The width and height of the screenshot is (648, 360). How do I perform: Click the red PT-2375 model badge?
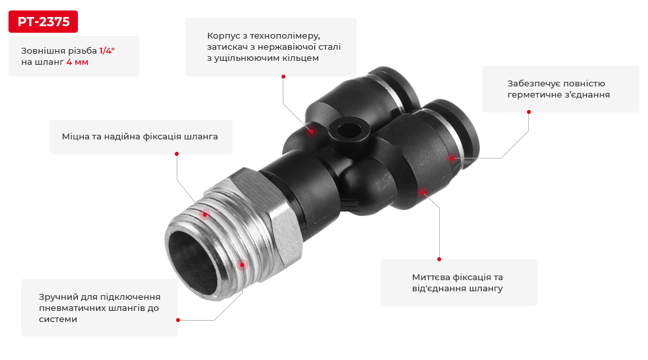(43, 22)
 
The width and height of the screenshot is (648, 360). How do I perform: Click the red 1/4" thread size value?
(107, 50)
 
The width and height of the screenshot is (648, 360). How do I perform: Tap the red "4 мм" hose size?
(77, 62)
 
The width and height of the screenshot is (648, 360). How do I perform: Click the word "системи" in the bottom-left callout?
(58, 319)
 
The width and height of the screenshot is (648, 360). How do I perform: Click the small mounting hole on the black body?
(345, 126)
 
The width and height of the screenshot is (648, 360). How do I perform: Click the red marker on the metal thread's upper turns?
(204, 214)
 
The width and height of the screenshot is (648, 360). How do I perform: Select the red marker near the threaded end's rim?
(242, 264)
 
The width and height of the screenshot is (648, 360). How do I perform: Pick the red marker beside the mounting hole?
(312, 131)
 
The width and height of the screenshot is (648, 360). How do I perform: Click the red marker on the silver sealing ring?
(451, 158)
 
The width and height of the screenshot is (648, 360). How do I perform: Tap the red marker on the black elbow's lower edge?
(422, 192)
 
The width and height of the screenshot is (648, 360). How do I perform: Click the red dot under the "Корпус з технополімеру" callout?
(283, 77)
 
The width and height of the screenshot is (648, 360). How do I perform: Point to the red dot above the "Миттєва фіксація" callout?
(439, 259)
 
